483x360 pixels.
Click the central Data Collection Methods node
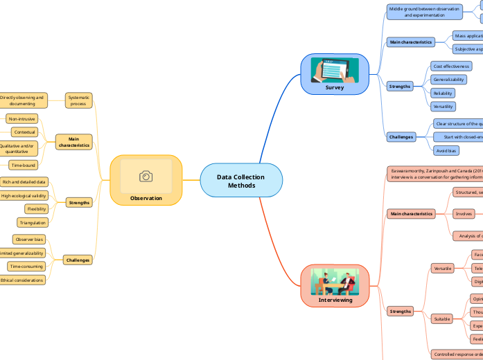(241, 181)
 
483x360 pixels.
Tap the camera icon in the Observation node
(146, 177)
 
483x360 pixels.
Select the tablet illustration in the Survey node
(335, 70)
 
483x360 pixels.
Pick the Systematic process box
(78, 100)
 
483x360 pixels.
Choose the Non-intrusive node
(21, 118)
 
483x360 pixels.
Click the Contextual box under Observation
(25, 132)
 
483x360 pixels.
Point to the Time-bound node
(23, 165)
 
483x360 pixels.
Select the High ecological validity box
(24, 196)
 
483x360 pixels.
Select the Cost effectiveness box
(451, 66)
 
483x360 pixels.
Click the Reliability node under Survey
(444, 93)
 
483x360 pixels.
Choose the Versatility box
(444, 107)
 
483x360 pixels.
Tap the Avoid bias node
(446, 150)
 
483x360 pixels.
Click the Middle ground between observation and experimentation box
(424, 12)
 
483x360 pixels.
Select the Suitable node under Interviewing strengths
(441, 319)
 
